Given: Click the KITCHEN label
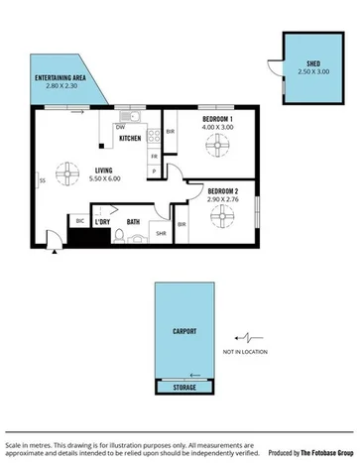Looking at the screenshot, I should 130,139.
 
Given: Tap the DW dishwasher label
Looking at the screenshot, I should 120,127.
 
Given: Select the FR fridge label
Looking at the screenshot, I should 154,157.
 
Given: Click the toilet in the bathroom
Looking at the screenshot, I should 119,236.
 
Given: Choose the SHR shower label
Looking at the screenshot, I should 160,234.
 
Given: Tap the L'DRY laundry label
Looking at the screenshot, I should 102,222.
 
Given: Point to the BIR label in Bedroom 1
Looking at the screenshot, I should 171,132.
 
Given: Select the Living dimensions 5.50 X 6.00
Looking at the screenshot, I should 104,179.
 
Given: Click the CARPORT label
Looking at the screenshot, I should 184,331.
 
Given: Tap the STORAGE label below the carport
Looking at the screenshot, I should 184,388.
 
